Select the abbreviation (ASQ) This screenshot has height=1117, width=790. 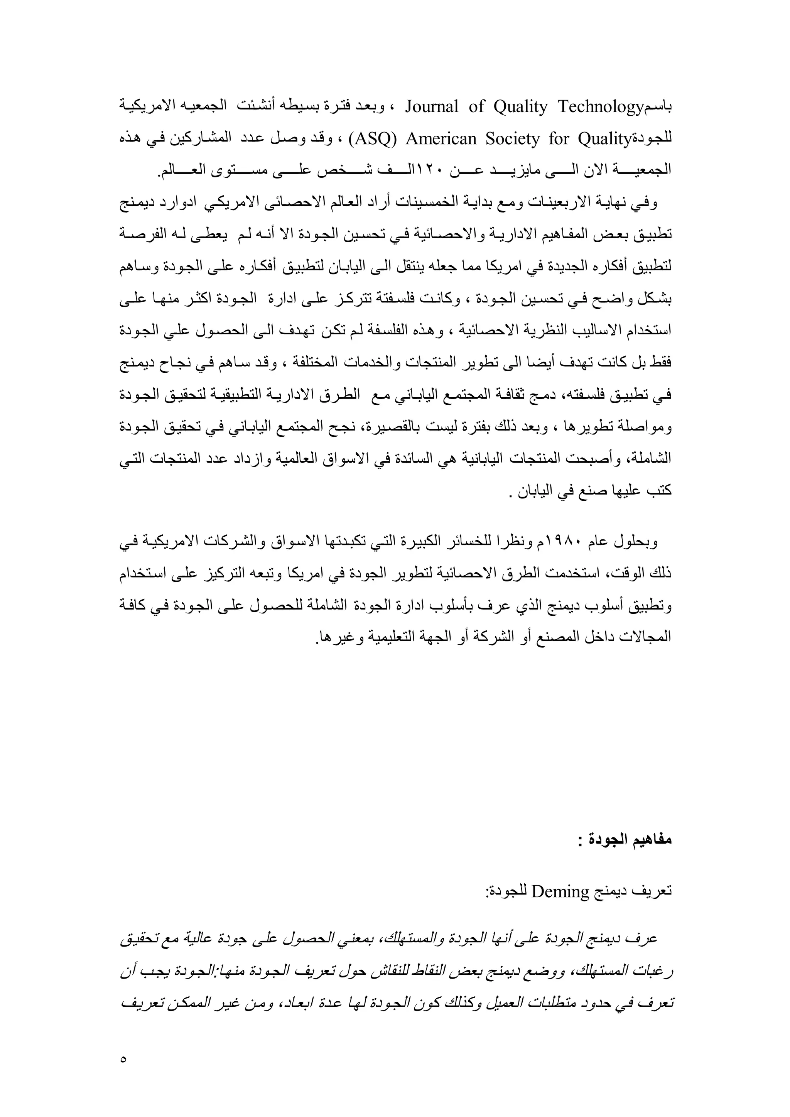point(373,140)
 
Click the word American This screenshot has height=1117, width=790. point(441,140)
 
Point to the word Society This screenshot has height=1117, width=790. point(513,140)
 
